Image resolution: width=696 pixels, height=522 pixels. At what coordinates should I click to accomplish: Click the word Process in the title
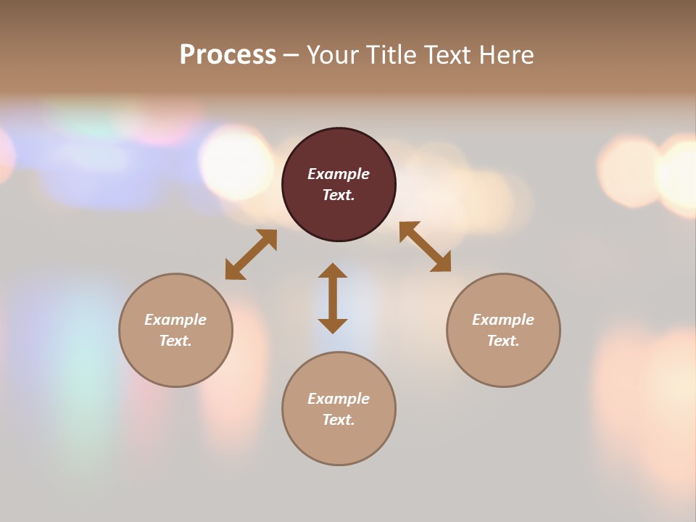(228, 55)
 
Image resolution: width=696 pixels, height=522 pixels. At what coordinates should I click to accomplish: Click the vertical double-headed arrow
(333, 298)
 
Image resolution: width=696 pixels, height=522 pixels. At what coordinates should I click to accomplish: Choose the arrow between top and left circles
(251, 254)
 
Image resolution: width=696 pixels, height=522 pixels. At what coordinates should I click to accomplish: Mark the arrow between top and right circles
(425, 246)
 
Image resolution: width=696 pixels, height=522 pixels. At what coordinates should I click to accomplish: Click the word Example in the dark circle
(339, 174)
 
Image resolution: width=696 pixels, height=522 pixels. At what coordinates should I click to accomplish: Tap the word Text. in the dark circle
(339, 195)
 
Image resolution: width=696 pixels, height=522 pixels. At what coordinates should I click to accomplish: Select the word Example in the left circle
(175, 320)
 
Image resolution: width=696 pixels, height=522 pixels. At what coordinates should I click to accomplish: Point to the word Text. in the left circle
(175, 341)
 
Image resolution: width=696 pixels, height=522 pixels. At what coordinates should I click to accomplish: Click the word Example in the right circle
(503, 320)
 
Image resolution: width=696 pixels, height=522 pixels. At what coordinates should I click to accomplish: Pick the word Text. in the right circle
(503, 341)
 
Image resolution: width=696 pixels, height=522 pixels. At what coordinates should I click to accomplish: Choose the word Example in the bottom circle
(339, 399)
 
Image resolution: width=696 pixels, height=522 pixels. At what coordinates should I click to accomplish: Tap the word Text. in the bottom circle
(339, 420)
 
